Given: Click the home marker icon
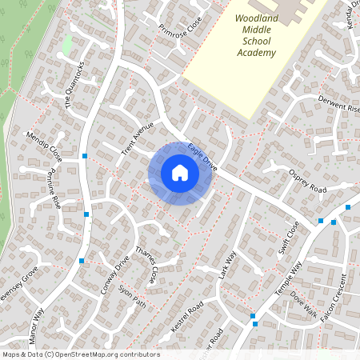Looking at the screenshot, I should click(x=180, y=173).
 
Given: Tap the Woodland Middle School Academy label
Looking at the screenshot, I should click(x=256, y=35).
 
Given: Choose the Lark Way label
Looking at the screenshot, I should click(x=228, y=265).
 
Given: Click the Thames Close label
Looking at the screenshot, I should click(x=146, y=266).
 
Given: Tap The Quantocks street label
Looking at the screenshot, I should click(x=74, y=86).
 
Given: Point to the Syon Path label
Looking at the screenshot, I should click(x=133, y=297).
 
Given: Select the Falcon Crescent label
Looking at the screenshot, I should click(x=334, y=300).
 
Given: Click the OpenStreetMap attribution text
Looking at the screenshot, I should click(x=80, y=354).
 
